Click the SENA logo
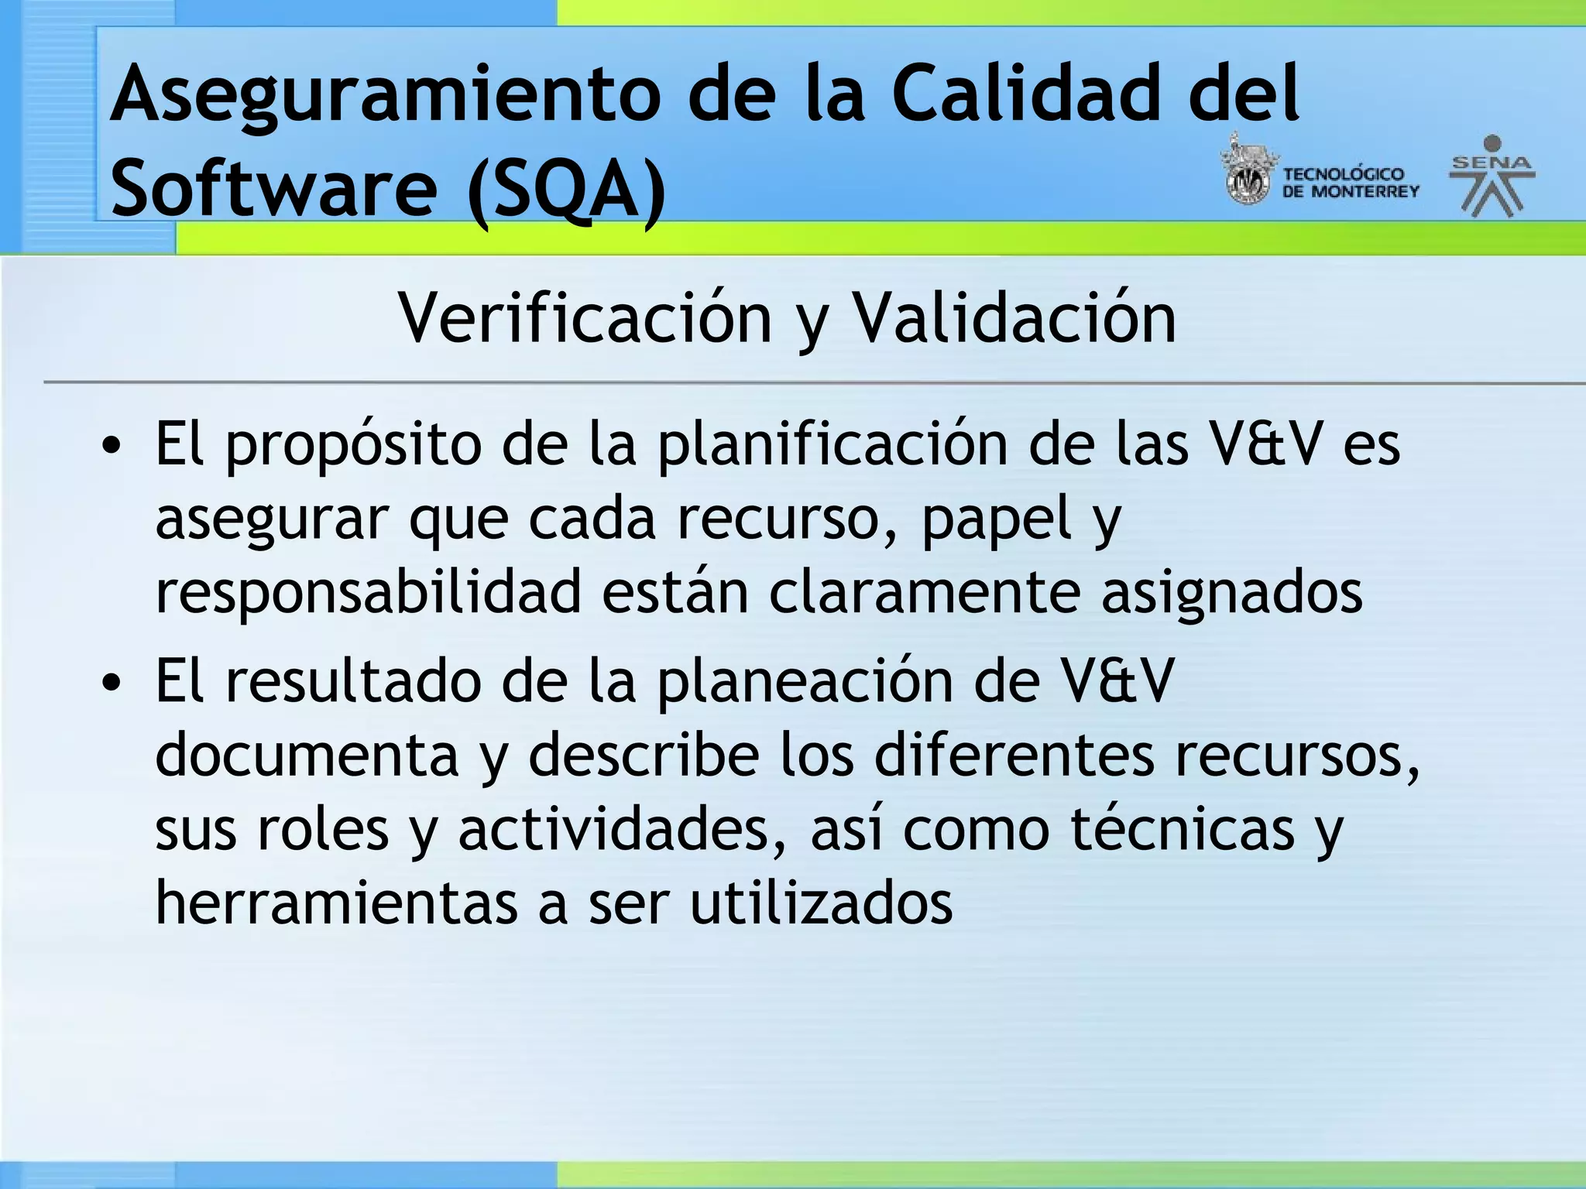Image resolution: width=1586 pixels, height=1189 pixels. click(1492, 176)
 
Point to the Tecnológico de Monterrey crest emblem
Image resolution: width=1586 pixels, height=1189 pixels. click(1246, 173)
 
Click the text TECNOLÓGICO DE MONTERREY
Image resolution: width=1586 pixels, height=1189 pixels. click(1350, 183)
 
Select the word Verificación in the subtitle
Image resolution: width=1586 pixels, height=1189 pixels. click(585, 319)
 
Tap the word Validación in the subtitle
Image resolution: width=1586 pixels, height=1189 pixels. click(1014, 319)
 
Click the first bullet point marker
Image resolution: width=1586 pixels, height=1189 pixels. click(112, 447)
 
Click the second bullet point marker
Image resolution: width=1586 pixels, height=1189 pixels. click(112, 683)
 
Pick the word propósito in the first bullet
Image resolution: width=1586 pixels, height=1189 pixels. click(354, 447)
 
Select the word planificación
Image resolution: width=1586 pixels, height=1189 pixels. click(832, 447)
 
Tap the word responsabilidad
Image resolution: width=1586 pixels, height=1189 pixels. click(369, 592)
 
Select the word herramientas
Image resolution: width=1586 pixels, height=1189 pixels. click(336, 903)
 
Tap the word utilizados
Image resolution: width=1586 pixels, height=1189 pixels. click(821, 903)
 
